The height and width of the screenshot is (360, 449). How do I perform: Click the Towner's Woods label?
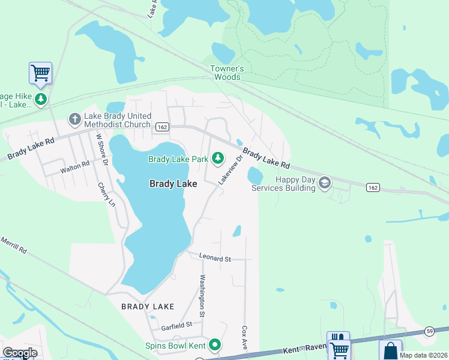[226, 73]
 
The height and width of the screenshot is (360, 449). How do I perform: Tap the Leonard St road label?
[215, 259]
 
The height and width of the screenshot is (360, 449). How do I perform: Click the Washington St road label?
[203, 296]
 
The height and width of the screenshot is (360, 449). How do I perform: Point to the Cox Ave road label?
[245, 339]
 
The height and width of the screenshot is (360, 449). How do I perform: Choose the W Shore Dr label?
[101, 149]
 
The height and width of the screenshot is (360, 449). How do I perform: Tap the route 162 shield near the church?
[162, 127]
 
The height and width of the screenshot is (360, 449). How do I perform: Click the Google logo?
[20, 353]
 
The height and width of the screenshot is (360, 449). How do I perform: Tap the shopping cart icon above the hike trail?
[40, 73]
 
